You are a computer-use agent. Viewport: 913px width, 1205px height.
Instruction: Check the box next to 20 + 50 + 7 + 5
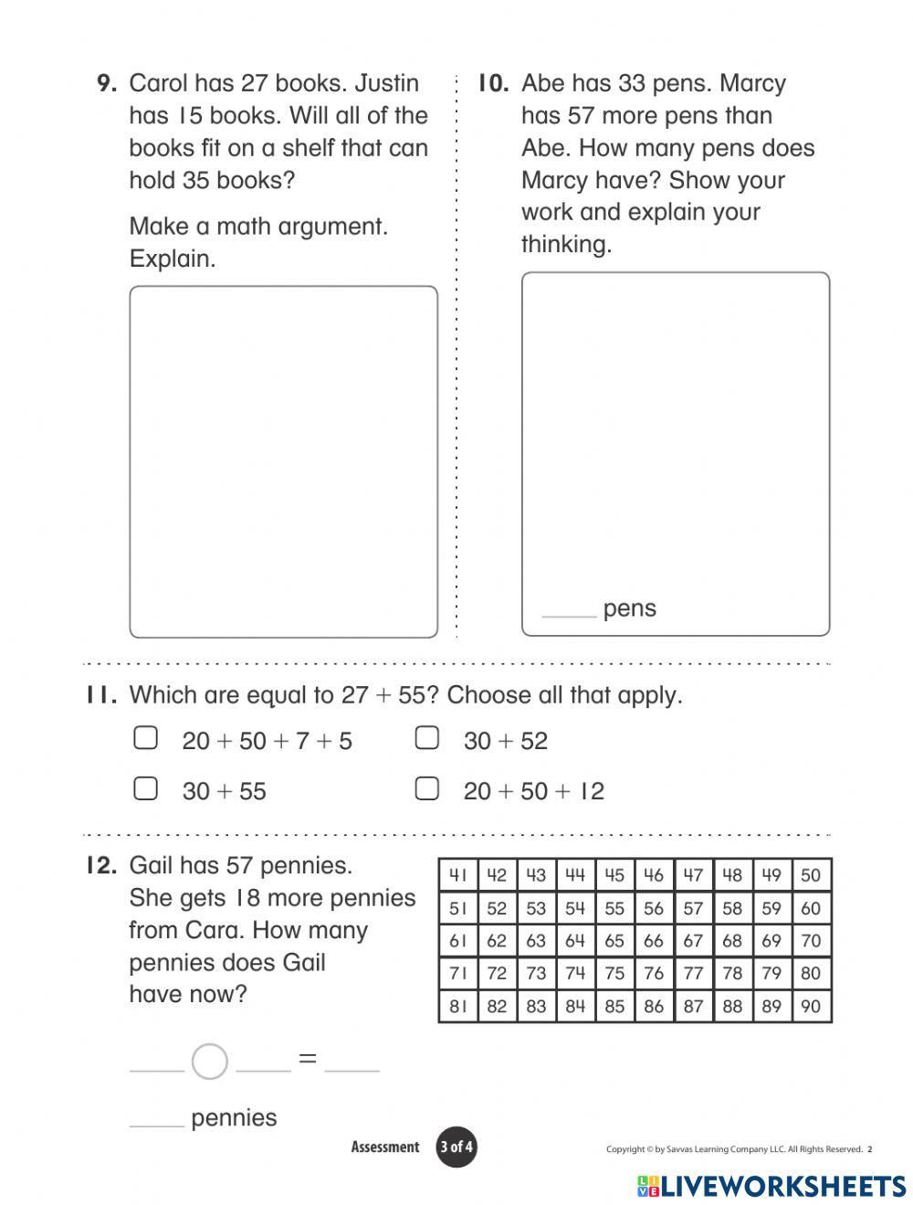[x=146, y=738]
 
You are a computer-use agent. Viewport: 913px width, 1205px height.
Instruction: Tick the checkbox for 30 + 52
[x=427, y=738]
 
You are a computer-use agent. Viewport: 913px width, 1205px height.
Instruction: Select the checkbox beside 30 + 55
[x=146, y=788]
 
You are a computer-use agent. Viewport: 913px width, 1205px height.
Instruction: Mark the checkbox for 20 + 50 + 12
[x=427, y=788]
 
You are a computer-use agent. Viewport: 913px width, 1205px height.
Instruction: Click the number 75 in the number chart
[x=614, y=973]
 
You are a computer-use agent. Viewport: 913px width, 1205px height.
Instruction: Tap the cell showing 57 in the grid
[x=693, y=908]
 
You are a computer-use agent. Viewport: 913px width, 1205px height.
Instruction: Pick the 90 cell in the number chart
[x=811, y=1006]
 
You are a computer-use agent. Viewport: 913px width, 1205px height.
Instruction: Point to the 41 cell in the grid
[x=458, y=875]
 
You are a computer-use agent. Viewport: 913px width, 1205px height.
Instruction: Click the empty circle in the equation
[x=210, y=1062]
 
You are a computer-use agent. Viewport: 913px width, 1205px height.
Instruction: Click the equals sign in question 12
[x=308, y=1060]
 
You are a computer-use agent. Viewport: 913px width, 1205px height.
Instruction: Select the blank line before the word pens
[x=569, y=614]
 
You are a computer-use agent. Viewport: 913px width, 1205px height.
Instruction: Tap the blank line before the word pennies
[x=157, y=1124]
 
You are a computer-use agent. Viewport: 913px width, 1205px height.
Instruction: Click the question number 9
[x=107, y=83]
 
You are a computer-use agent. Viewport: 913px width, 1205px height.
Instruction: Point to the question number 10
[x=492, y=83]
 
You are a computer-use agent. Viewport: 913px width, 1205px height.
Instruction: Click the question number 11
[x=101, y=695]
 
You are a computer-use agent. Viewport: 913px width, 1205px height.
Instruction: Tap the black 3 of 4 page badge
[x=456, y=1147]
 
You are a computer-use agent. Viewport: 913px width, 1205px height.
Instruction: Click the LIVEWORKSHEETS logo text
[x=783, y=1186]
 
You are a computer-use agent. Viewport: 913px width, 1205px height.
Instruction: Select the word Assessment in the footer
[x=385, y=1147]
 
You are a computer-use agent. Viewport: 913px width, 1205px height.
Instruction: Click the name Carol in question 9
[x=158, y=83]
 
